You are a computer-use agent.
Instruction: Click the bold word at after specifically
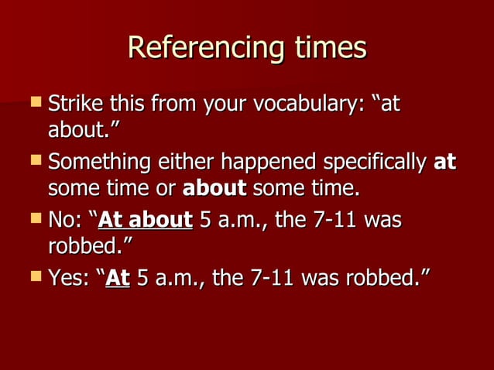coord(444,163)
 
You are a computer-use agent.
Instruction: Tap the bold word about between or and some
coord(214,188)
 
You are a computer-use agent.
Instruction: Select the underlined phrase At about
coord(146,221)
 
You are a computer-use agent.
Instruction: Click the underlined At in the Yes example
coord(118,277)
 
